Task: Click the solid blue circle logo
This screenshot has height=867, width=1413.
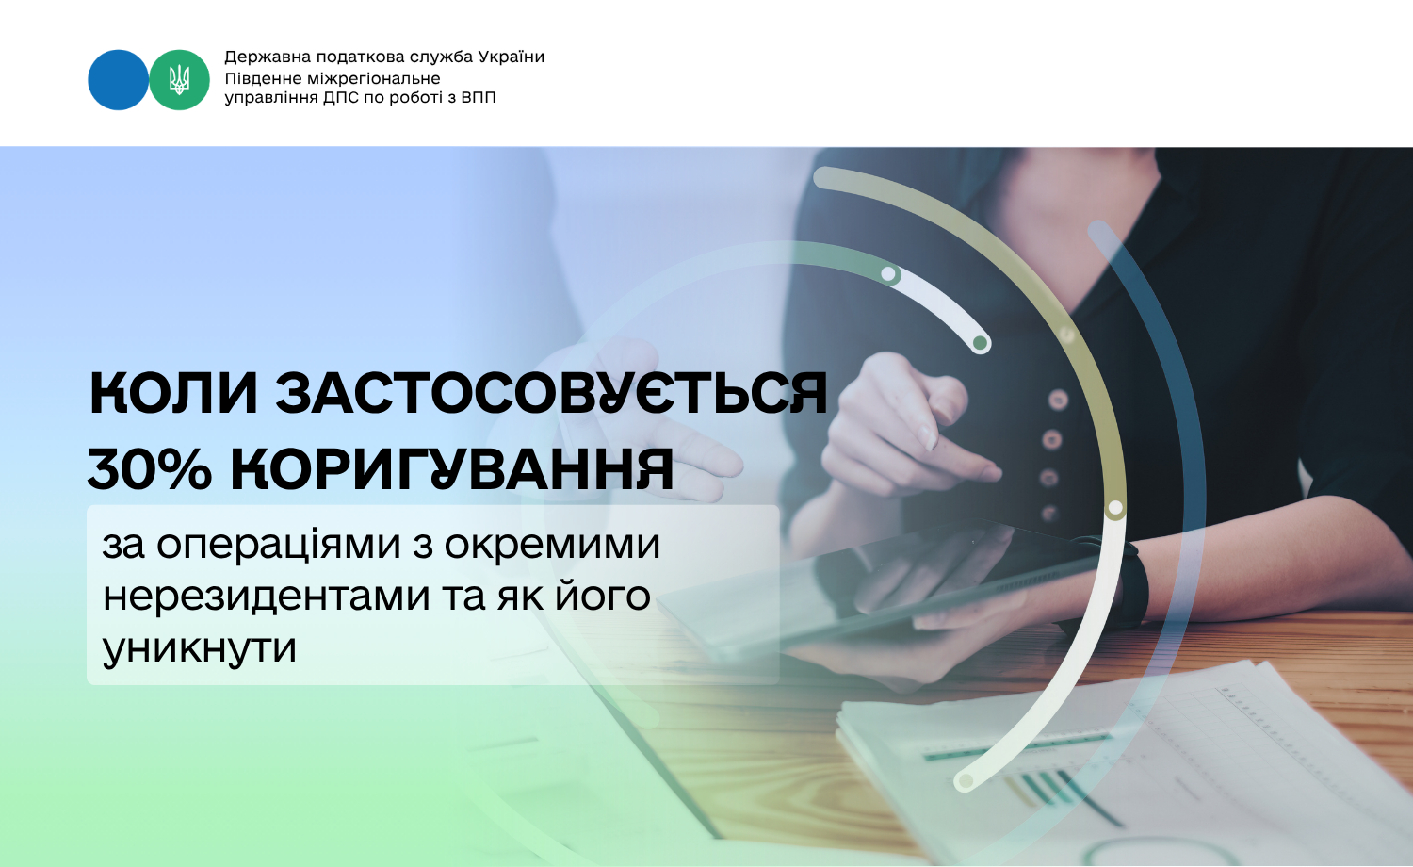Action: pyautogui.click(x=118, y=80)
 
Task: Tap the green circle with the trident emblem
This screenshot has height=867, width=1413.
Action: pyautogui.click(x=179, y=80)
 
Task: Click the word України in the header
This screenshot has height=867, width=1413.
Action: pyautogui.click(x=511, y=57)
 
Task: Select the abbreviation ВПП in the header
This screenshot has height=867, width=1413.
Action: pyautogui.click(x=479, y=98)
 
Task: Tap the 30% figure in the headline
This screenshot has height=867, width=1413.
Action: pyautogui.click(x=150, y=470)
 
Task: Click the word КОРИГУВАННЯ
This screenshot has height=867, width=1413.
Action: pyautogui.click(x=452, y=470)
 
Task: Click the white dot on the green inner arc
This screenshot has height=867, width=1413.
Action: pyautogui.click(x=888, y=274)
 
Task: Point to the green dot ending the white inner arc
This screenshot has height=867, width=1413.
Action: pyautogui.click(x=980, y=343)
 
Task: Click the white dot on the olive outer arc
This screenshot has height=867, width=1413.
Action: pyautogui.click(x=1115, y=507)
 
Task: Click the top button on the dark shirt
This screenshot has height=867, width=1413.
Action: pyautogui.click(x=1058, y=401)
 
